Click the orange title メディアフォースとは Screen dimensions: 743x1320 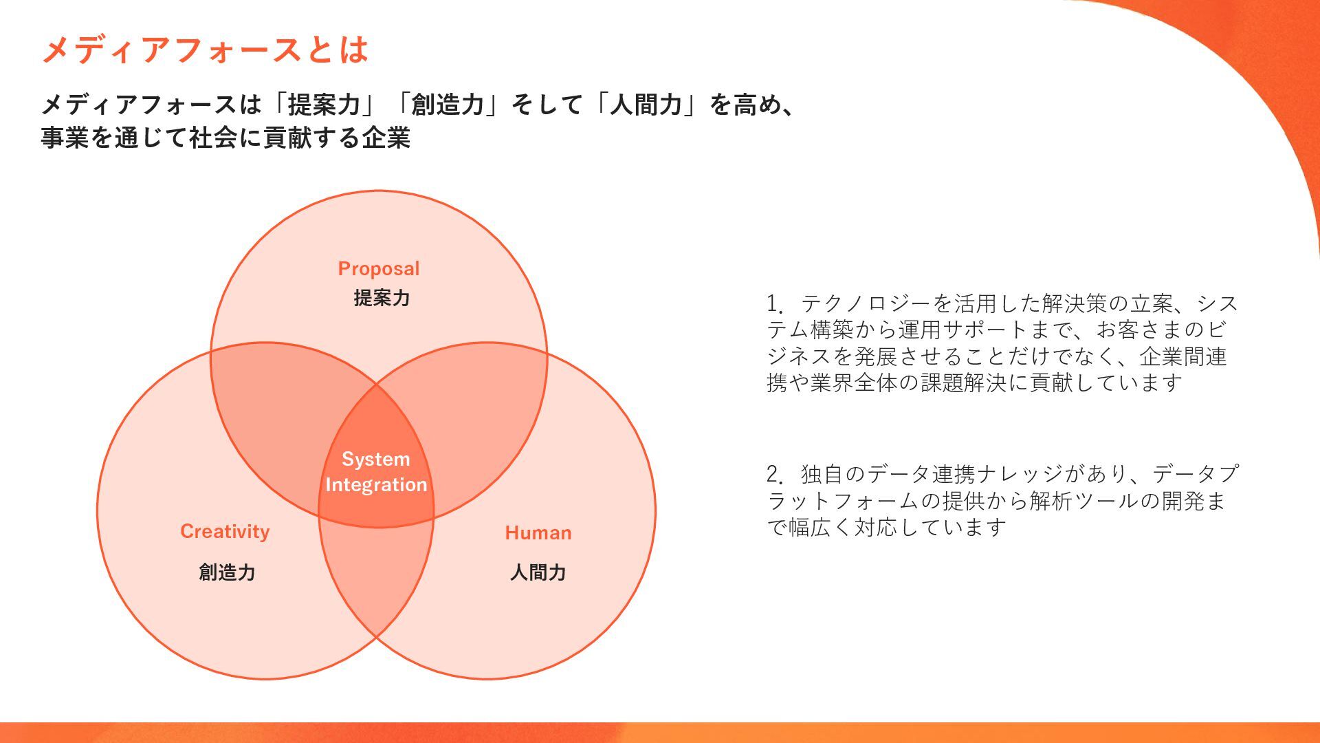point(205,50)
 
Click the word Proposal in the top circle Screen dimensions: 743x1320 point(378,268)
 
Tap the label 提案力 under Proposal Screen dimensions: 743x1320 point(382,298)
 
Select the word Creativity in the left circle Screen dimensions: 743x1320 point(225,531)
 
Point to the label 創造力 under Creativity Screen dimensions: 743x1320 point(227,572)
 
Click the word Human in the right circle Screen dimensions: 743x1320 point(538,532)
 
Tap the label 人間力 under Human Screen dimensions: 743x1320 point(538,572)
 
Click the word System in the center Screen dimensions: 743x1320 point(375,459)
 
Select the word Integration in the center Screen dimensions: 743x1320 point(376,484)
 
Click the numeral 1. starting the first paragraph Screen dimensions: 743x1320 point(775,303)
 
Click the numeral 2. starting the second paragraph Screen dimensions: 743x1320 point(775,474)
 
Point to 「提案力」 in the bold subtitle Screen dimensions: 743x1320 point(324,105)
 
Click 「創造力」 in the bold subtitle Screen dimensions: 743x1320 point(448,105)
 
